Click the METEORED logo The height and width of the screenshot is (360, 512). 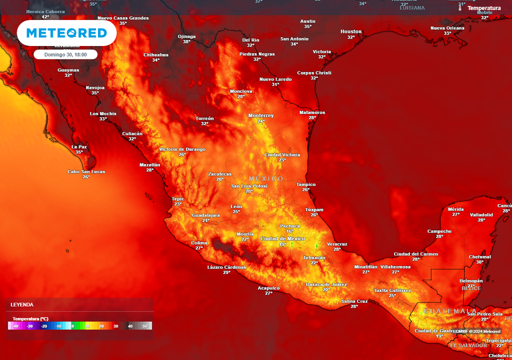[66, 33]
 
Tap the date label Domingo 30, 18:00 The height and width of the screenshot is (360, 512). [65, 54]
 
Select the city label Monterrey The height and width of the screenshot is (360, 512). [261, 115]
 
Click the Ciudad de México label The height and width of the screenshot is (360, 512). [282, 238]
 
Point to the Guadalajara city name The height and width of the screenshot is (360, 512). [206, 215]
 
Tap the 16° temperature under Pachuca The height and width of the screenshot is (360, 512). [290, 231]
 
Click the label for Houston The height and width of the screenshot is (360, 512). [351, 31]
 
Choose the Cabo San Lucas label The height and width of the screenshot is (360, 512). [86, 171]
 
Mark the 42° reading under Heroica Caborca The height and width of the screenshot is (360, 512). [45, 17]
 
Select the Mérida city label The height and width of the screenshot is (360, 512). [455, 209]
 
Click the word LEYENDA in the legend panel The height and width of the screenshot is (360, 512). [22, 304]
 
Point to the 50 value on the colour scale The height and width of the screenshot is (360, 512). [145, 326]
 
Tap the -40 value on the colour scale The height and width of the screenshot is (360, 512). [15, 326]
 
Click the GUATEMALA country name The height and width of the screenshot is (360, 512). [450, 311]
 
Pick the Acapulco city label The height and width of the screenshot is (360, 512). [268, 288]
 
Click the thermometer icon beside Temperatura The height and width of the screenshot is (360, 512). [460, 8]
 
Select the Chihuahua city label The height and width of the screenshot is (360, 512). [156, 54]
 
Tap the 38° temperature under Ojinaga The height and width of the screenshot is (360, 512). [186, 41]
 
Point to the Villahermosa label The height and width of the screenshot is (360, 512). [395, 267]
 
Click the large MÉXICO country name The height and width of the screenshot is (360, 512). [266, 178]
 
